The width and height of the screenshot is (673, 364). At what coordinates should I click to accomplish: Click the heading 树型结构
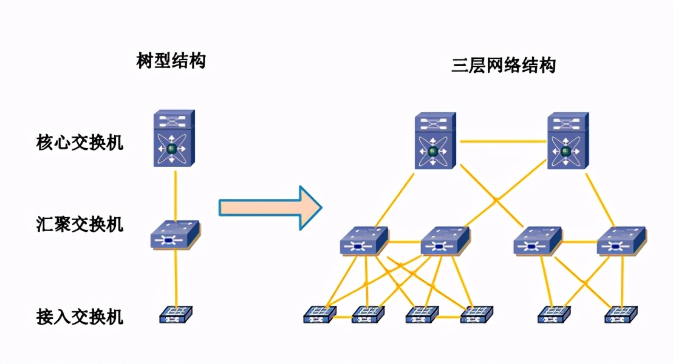point(171,61)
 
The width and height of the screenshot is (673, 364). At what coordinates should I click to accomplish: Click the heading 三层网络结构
point(504,65)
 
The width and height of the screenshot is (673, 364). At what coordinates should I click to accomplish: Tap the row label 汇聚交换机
point(80,224)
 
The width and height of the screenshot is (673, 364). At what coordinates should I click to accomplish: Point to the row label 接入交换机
point(80,316)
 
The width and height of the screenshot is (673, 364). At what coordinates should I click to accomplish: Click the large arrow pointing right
point(270,208)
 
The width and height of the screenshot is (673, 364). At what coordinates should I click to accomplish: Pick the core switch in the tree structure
point(174,140)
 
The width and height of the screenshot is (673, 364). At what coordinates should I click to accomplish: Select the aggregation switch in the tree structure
point(175,235)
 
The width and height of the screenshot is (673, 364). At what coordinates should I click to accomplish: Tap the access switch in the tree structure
point(176,314)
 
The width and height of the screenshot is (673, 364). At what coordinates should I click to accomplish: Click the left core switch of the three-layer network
point(435,141)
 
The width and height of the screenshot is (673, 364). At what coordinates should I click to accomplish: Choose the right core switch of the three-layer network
point(567,141)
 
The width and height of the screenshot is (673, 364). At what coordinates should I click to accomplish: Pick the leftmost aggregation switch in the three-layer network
point(364,241)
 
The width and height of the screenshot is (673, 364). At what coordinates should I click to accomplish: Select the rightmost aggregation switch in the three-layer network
point(621,241)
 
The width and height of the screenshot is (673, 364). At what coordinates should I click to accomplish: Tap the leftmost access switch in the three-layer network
point(319,314)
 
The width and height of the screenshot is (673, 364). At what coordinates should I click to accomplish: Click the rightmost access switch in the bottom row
point(621,314)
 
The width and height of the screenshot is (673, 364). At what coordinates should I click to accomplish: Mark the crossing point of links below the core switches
point(496,199)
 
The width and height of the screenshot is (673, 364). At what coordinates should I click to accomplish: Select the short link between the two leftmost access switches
point(343,316)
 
